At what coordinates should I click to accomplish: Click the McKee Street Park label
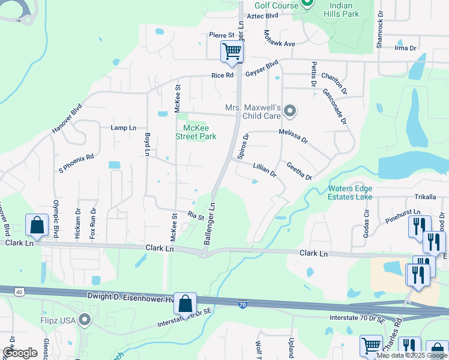pyautogui.click(x=196, y=131)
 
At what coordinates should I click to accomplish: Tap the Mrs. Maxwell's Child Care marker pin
pyautogui.click(x=291, y=111)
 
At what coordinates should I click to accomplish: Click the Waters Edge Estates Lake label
pyautogui.click(x=350, y=192)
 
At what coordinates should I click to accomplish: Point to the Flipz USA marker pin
pyautogui.click(x=84, y=320)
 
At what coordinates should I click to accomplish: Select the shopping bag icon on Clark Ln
pyautogui.click(x=37, y=226)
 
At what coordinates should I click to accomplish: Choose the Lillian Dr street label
pyautogui.click(x=264, y=169)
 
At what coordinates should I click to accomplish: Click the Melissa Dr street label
pyautogui.click(x=293, y=136)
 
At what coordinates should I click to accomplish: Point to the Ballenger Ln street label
pyautogui.click(x=212, y=221)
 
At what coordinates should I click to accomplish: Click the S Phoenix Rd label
pyautogui.click(x=76, y=162)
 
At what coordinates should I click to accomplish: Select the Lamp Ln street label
pyautogui.click(x=124, y=128)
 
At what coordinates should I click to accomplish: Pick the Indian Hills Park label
pyautogui.click(x=341, y=9)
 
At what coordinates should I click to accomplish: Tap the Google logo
pyautogui.click(x=20, y=353)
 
